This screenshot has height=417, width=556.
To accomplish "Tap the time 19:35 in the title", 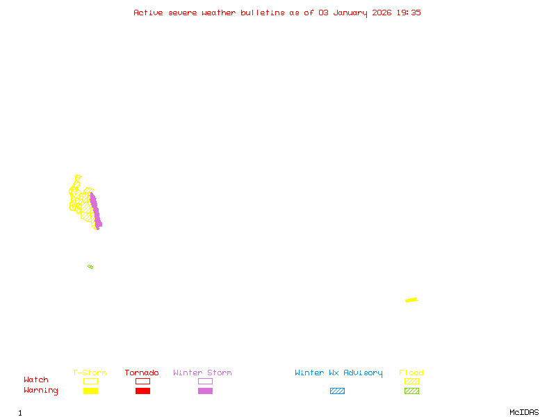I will click(409, 13).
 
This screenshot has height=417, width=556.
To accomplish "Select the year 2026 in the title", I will click(382, 13).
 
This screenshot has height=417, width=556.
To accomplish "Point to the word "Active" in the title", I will click(149, 13).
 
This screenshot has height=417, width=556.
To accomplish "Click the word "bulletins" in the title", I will click(263, 13).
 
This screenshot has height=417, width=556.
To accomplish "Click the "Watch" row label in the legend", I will click(36, 380).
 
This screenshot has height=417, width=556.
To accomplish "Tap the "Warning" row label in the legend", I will click(41, 391).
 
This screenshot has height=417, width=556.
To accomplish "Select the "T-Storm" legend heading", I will click(90, 373).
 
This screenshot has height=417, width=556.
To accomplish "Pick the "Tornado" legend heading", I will click(142, 373).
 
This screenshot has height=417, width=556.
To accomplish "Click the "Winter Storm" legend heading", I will click(202, 373).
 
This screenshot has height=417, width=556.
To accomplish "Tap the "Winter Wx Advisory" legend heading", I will click(338, 373).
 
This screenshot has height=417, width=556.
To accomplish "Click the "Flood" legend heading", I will click(411, 373).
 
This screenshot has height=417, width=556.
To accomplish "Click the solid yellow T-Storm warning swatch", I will click(90, 391).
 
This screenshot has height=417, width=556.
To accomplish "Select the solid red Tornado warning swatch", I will click(142, 391).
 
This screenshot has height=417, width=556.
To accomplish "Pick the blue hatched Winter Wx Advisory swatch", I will click(337, 391).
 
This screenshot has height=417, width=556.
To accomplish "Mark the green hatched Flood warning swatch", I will click(411, 391).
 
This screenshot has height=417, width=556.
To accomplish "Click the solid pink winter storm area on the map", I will click(95, 212).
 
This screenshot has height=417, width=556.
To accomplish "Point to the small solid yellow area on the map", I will click(411, 300).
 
